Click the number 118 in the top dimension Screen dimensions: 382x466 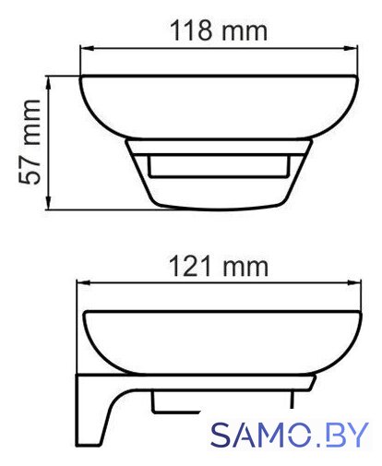191,30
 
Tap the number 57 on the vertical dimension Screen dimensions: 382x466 30,173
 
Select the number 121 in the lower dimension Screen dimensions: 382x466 190,267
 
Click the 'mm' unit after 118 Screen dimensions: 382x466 245,32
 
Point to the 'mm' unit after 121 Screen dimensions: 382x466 245,269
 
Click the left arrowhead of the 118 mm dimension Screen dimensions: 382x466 87,49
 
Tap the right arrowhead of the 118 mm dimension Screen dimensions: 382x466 351,49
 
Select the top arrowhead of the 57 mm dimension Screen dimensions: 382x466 48,82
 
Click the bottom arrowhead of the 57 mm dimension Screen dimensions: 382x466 48,203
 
